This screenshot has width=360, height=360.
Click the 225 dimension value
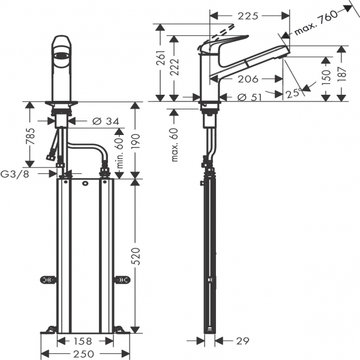point(248,16)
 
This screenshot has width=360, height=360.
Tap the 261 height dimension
point(161,58)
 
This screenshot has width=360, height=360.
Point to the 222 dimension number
point(175,67)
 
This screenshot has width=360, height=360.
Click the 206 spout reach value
point(248,79)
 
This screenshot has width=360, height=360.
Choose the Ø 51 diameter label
point(250,97)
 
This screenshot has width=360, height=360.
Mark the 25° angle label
point(294,93)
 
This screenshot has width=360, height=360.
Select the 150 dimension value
point(326,77)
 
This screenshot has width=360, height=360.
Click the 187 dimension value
point(343,74)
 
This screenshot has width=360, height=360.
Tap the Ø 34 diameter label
point(106,121)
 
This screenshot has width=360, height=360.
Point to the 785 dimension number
point(30,136)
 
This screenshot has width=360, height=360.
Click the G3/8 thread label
point(15,174)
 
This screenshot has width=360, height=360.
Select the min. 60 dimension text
point(119,153)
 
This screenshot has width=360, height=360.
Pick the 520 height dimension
point(136,256)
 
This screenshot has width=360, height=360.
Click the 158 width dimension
point(83,341)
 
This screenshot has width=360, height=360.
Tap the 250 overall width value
point(83,354)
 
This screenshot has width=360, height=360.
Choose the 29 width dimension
point(242,341)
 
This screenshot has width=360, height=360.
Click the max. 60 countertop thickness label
point(175,145)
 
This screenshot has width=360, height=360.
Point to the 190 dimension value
point(136,141)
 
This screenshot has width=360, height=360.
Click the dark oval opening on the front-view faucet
point(62,55)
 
